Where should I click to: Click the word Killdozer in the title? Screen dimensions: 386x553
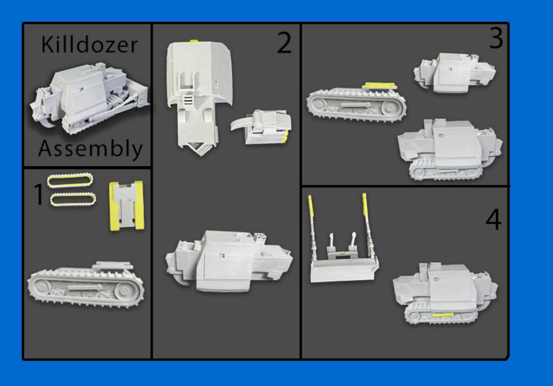point(89,45)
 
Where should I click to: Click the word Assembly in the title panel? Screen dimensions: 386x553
point(90,149)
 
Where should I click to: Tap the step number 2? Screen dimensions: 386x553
point(284,43)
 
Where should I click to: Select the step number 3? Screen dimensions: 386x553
point(496,38)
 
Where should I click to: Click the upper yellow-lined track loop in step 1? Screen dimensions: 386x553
point(70,180)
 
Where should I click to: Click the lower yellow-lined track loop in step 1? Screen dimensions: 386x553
point(73,200)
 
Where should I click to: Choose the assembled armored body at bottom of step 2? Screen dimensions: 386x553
point(228,261)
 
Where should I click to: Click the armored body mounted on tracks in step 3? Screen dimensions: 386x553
point(449,150)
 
